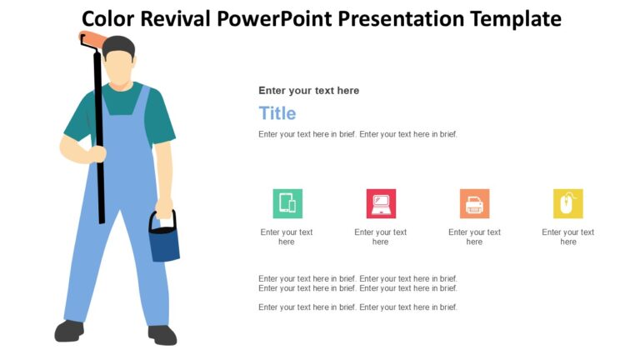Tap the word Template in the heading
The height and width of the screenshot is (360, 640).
tap(510, 18)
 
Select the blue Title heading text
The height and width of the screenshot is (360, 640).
tap(277, 113)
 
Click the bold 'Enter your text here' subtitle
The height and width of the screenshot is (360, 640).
tap(308, 90)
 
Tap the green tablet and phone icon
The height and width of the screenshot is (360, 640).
tap(287, 203)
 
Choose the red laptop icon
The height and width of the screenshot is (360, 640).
tap(381, 203)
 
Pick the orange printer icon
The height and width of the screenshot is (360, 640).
tap(474, 203)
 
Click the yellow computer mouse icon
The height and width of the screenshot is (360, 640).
tap(567, 203)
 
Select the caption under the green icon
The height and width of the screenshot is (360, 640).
tap(287, 237)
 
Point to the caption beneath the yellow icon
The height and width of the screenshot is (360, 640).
tap(567, 237)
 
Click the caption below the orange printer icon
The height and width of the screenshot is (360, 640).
tap(474, 237)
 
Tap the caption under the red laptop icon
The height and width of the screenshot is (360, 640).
tap(381, 237)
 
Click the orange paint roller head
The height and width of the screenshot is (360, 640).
tap(93, 39)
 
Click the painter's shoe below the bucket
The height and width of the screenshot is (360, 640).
tap(162, 335)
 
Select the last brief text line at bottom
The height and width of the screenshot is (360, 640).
tap(357, 307)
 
